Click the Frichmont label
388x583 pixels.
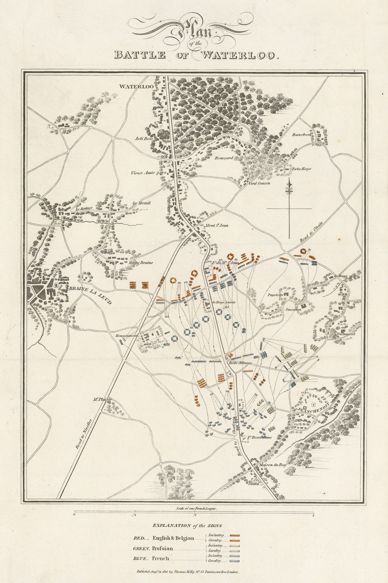point(336,334)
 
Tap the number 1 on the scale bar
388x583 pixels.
point(314,515)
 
